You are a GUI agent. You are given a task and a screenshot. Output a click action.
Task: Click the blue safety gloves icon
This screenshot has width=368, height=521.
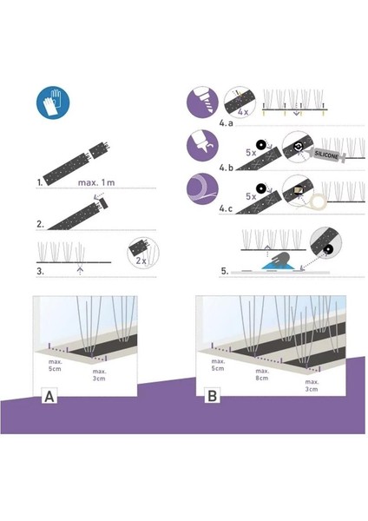tap(53, 102)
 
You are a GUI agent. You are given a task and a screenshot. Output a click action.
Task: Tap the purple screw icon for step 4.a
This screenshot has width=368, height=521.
tap(202, 102)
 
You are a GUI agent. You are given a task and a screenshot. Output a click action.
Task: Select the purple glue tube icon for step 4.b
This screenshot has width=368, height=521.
tap(202, 146)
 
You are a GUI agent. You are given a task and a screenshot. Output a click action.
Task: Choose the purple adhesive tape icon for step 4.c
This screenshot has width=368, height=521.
tap(202, 188)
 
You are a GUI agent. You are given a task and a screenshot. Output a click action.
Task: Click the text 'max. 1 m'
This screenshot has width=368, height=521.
tap(96, 182)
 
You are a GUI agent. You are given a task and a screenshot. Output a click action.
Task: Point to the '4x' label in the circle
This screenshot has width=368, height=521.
tap(243, 112)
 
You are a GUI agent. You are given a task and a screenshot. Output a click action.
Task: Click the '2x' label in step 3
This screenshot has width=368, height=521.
tap(141, 260)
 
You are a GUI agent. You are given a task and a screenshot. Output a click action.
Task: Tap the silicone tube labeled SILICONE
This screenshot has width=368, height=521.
tap(329, 155)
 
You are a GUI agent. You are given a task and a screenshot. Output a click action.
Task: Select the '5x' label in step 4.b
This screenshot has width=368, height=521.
tap(251, 153)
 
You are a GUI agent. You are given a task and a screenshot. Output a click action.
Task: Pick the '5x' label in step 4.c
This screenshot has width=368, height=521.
tap(251, 196)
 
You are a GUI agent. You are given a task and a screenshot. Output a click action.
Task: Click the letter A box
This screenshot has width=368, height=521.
tap(49, 396)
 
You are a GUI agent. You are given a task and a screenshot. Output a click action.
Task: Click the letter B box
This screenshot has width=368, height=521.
tap(212, 396)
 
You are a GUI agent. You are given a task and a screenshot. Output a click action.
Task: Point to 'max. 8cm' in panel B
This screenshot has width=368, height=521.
tap(262, 374)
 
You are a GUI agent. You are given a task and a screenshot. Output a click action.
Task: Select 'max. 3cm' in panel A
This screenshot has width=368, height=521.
tap(99, 375)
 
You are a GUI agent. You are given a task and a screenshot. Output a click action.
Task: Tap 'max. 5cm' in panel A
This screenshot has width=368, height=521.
tap(55, 366)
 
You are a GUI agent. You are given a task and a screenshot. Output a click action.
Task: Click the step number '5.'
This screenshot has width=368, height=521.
tap(225, 271)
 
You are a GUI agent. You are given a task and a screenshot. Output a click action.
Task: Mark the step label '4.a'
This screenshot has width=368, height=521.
tap(226, 123)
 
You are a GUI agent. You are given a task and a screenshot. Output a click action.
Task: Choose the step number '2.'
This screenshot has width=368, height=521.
tap(40, 224)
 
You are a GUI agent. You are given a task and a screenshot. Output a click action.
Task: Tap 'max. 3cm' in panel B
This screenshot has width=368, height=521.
tap(312, 386)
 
